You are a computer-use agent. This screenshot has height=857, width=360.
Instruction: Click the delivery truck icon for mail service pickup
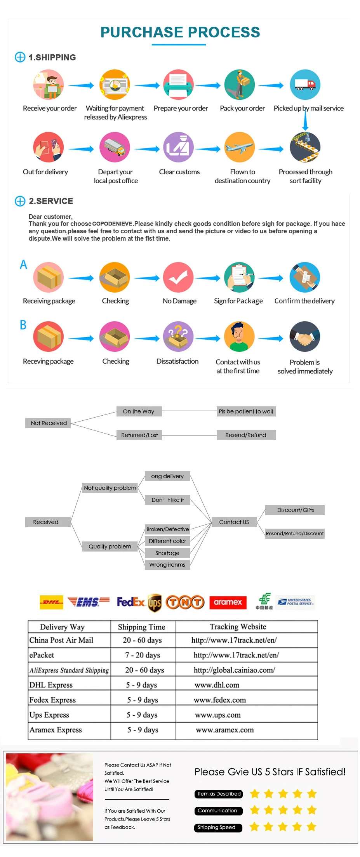(305, 85)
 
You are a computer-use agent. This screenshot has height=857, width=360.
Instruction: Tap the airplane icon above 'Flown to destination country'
(240, 147)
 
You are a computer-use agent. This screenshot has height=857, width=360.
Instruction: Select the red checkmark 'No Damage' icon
(178, 277)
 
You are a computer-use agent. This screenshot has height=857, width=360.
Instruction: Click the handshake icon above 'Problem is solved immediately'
(305, 337)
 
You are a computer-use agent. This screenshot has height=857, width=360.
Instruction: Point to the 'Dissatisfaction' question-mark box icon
(178, 337)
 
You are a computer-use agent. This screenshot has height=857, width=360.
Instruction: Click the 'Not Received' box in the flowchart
(48, 423)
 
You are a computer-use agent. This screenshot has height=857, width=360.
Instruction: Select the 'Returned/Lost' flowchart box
(139, 435)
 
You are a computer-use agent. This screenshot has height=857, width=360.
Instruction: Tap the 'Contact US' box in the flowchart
(234, 522)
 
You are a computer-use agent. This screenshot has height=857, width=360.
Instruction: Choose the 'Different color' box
(167, 541)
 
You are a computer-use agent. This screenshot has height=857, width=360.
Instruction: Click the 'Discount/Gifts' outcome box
(295, 510)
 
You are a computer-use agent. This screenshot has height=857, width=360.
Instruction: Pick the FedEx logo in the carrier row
(131, 602)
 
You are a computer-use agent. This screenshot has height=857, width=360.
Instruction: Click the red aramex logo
(228, 602)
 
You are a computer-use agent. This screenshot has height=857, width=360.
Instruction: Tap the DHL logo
(51, 602)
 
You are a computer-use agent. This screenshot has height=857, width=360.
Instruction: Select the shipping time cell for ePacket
(143, 655)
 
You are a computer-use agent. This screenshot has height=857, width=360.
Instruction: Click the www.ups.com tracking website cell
(218, 715)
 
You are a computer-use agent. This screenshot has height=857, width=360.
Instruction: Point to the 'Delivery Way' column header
(62, 627)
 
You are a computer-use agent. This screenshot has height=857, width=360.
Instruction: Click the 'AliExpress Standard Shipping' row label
(69, 670)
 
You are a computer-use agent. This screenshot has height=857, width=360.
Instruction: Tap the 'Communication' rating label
(218, 811)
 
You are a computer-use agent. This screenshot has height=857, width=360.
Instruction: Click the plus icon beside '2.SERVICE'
(20, 201)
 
